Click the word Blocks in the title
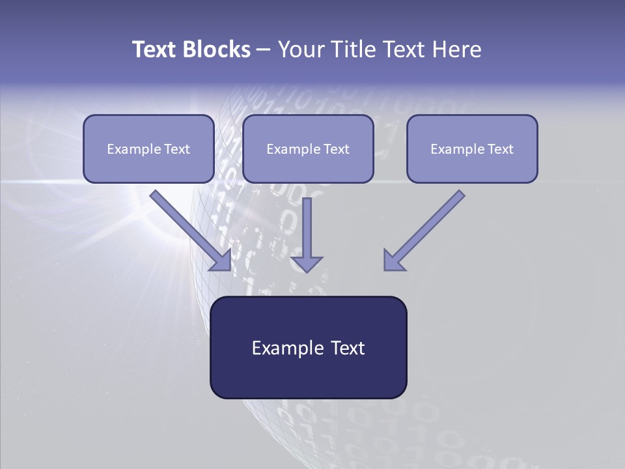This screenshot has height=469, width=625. [217, 49]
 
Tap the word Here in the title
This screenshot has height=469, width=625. [457, 49]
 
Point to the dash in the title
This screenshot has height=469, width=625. [264, 50]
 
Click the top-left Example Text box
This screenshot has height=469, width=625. [148, 149]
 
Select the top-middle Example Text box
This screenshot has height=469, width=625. [308, 149]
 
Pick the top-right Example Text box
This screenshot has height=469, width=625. [473, 149]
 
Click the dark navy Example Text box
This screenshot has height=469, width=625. [309, 347]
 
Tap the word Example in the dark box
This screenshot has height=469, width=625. [283, 348]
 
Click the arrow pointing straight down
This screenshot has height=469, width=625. [307, 235]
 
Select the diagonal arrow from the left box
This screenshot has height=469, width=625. [191, 231]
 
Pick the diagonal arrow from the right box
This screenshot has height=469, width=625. [424, 231]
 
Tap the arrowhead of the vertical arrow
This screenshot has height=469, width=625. [307, 264]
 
